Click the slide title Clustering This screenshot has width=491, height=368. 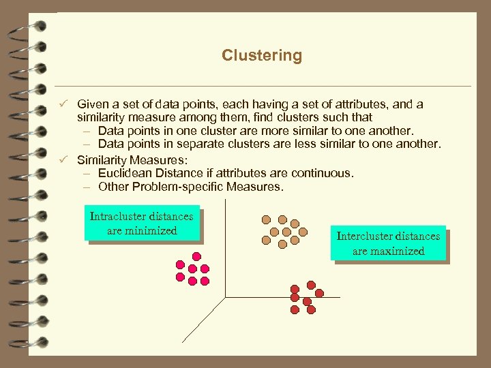(x=261, y=55)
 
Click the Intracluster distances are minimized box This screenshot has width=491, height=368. (x=142, y=224)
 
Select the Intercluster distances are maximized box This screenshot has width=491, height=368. (x=388, y=243)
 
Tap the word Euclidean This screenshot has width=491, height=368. (x=125, y=173)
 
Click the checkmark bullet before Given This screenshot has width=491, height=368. (x=62, y=104)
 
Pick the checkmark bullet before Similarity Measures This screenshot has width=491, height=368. (x=62, y=159)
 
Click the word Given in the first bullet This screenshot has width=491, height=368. (x=91, y=104)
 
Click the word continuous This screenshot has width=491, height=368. (x=327, y=173)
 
